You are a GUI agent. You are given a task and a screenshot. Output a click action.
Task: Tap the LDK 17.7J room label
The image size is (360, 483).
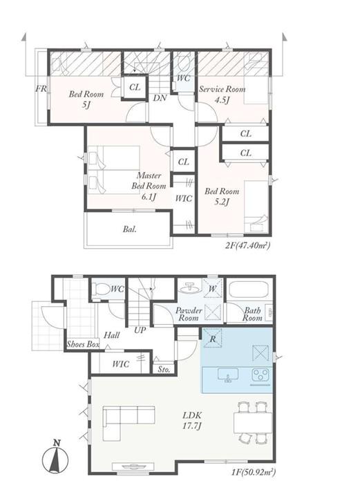pos(192,420)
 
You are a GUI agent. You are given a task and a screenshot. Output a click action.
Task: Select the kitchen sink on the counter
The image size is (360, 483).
pos(228,375)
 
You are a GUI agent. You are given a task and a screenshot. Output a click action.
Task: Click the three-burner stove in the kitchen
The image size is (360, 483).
pos(260,375)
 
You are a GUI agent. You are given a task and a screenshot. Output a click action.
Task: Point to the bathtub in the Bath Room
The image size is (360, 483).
pos(248,290)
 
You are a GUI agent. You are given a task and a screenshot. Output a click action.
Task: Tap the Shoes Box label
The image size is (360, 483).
pos(83,344)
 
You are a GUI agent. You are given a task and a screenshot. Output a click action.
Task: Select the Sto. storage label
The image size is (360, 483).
pos(164,369)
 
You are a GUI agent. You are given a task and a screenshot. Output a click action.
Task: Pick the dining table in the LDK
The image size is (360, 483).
pos(253,423)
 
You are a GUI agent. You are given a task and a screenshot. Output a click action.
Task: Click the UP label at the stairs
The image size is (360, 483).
pos(140,330)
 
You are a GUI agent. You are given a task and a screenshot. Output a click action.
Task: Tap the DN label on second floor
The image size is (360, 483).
pos(160,98)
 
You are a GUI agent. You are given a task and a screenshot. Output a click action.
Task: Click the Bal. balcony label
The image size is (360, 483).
pos(130,229)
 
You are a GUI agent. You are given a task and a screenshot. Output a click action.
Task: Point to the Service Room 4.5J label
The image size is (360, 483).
pos(222,94)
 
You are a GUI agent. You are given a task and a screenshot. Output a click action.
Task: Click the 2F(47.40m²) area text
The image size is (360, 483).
pos(248,245)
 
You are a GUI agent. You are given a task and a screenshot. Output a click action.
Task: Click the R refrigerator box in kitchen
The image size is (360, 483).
pos(213,338)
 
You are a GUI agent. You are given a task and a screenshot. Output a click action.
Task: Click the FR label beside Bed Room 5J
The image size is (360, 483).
pos(41,88)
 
